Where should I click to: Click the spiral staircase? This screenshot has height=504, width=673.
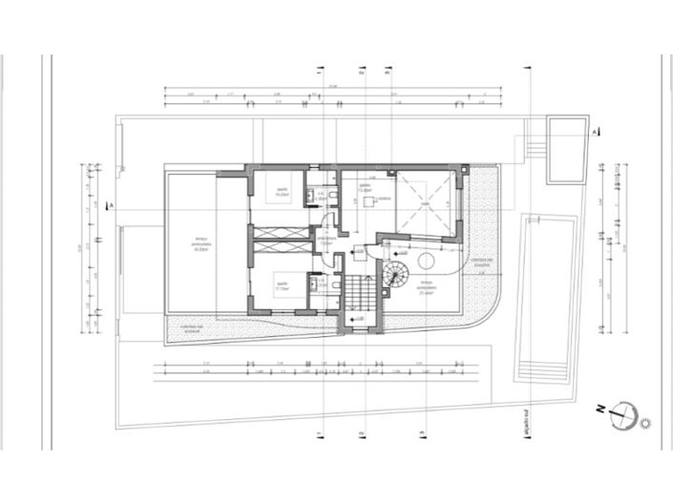pyautogui.click(x=394, y=277)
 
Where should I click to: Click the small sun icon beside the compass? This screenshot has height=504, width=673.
pyautogui.click(x=648, y=421)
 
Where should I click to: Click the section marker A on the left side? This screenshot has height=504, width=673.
pyautogui.click(x=112, y=205)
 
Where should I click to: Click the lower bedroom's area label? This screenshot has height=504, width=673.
pyautogui.click(x=283, y=284)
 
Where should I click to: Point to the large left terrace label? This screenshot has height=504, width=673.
pyautogui.click(x=201, y=243)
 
